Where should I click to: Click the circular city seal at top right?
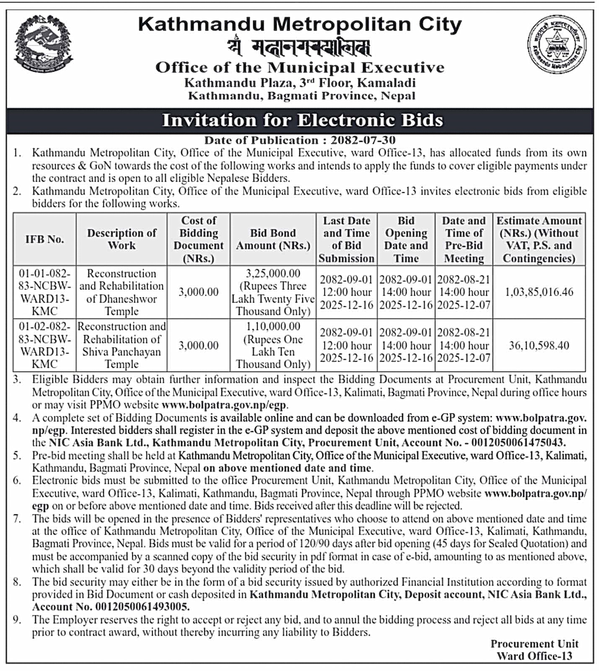(556, 44)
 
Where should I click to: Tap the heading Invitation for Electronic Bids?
(302, 120)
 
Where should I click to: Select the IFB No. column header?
(44, 239)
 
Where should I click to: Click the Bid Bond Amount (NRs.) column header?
(273, 239)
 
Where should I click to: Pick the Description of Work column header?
(122, 239)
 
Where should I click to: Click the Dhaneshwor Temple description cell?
(122, 292)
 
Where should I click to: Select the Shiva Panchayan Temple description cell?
(122, 345)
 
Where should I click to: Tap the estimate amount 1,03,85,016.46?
(539, 292)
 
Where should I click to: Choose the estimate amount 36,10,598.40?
(539, 346)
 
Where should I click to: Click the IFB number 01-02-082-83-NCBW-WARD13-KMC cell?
(44, 345)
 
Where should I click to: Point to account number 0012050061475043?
(518, 443)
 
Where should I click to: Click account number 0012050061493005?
(143, 607)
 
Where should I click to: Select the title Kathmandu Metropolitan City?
(300, 24)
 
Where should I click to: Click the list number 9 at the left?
(16, 619)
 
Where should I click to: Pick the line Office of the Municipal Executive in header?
(300, 68)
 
